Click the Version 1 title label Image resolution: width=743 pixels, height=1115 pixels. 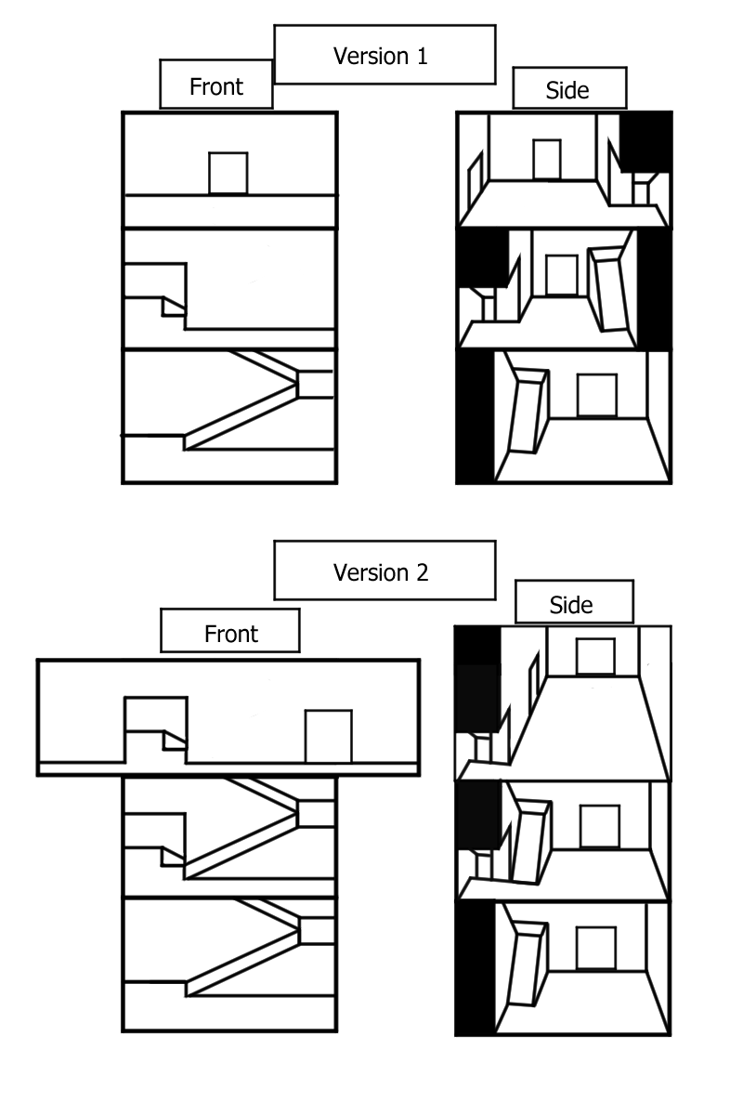pos(384,56)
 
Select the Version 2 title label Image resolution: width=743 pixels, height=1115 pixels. pos(384,571)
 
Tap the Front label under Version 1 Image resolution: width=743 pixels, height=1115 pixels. pos(215,87)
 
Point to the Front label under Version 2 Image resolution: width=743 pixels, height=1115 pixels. pos(230,634)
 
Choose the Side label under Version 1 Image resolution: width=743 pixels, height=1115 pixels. pos(567,90)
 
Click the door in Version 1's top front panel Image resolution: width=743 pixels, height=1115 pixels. pos(228,173)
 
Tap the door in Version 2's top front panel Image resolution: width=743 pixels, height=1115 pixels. pos(329,737)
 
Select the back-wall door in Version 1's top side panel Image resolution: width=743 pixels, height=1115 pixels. pos(547,159)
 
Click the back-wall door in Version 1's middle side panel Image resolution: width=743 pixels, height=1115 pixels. pos(561,275)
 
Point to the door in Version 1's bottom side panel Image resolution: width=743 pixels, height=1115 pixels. pos(597,396)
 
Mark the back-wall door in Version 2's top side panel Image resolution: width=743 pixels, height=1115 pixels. pos(595,656)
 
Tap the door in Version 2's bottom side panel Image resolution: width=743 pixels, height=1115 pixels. pos(596,948)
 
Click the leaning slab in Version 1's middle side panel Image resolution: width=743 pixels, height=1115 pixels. pos(611,289)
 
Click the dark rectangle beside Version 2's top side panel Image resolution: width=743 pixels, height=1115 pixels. pos(478,698)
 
